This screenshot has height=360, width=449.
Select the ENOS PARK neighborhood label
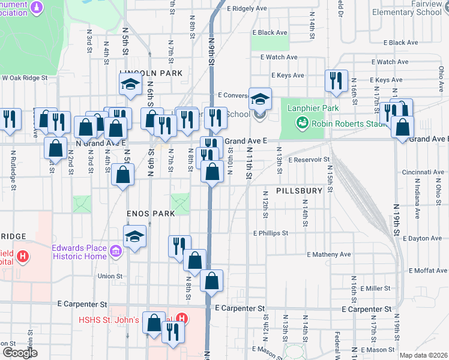click(142, 214)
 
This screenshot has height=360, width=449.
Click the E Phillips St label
click(271, 233)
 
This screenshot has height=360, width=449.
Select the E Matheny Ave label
click(328, 254)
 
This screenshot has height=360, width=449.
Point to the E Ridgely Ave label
click(247, 9)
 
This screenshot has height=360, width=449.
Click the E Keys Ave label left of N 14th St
click(288, 76)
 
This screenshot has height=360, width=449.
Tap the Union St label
click(110, 277)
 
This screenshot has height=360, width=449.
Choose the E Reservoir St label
click(310, 160)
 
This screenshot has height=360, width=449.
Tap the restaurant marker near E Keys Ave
click(336, 81)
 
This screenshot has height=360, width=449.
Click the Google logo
click(20, 353)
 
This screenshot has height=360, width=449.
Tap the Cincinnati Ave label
click(423, 172)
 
